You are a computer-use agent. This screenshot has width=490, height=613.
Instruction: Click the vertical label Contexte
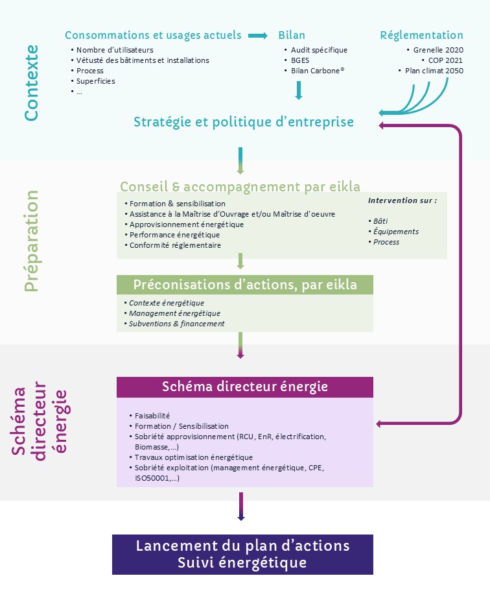(31, 82)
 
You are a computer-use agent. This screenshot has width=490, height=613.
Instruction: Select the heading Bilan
(292, 35)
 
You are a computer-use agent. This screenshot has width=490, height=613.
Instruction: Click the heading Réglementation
(421, 35)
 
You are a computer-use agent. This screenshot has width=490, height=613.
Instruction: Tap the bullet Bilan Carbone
(317, 71)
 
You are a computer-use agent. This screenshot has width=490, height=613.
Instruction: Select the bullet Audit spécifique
(319, 50)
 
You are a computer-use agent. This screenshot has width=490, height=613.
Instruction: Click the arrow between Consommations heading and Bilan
(258, 35)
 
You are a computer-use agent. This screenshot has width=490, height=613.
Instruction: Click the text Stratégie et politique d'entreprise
(244, 122)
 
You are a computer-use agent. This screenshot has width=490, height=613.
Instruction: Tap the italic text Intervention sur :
(402, 200)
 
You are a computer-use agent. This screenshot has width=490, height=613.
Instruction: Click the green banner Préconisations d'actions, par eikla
(245, 285)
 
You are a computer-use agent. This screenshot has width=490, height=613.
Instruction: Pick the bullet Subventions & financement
(176, 324)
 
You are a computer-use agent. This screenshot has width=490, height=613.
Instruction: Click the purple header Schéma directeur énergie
(245, 387)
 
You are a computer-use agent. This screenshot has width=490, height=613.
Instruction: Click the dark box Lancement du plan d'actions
(242, 553)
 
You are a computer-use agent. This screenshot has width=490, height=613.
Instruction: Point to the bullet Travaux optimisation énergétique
(184, 457)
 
